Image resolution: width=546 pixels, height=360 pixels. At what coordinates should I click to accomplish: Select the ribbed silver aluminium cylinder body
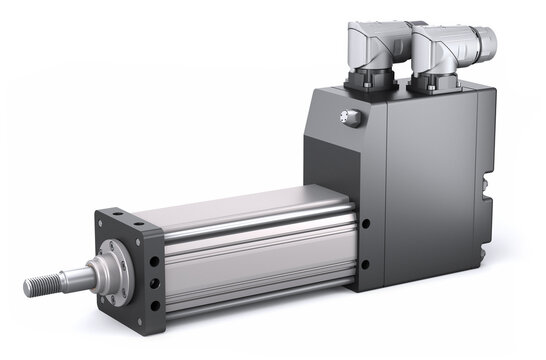coord(250,245)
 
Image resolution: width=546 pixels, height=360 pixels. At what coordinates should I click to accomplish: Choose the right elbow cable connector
coord(450,55)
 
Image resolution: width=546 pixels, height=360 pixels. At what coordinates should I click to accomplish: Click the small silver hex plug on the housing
coord(351,117)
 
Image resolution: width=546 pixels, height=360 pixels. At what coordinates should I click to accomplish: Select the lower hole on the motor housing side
coord(365,265)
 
